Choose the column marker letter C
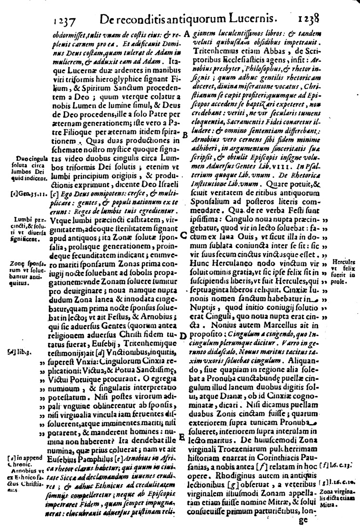pos(184,235)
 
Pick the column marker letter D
pos(182,337)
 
